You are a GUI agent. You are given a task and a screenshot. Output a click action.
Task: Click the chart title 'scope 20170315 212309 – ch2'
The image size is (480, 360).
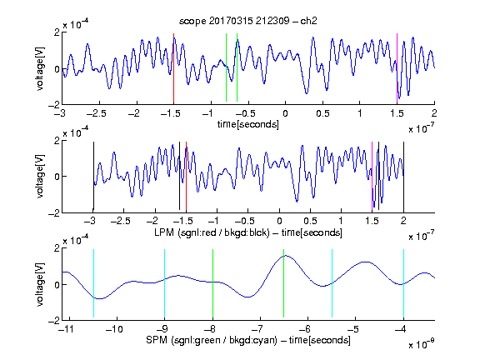[247, 21]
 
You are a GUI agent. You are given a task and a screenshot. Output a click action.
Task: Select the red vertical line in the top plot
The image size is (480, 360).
[173, 68]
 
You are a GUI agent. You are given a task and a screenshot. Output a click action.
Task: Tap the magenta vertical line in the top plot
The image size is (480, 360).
[397, 68]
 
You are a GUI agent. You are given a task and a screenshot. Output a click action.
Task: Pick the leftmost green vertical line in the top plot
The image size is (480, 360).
[226, 67]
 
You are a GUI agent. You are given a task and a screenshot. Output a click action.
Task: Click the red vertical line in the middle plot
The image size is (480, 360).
[186, 177]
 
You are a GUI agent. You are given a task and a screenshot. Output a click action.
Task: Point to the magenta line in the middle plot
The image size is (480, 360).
[372, 177]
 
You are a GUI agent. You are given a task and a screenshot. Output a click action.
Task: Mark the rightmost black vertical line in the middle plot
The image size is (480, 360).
[403, 177]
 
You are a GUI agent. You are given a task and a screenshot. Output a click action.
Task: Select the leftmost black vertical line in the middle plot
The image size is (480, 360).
[93, 177]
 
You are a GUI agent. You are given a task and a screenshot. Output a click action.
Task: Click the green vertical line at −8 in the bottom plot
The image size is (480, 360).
[212, 283]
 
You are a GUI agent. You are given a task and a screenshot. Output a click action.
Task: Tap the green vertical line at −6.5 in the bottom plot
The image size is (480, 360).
[284, 283]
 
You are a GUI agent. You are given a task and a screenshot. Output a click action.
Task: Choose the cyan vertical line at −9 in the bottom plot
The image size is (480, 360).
[165, 284]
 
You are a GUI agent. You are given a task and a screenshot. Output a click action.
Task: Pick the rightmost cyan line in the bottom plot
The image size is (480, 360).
[403, 284]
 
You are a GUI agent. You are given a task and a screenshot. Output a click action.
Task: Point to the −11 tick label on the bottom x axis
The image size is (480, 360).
[67, 329]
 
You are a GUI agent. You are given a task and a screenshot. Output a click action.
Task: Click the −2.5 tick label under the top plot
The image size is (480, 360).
[96, 113]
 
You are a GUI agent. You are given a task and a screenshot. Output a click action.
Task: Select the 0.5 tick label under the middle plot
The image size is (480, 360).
[310, 221]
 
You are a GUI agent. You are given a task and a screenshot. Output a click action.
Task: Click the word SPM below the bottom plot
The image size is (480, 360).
[157, 340]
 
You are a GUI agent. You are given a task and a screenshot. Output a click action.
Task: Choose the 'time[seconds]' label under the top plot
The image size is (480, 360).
[248, 124]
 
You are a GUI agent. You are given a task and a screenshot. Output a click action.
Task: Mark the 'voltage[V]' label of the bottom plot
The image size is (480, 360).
[40, 284]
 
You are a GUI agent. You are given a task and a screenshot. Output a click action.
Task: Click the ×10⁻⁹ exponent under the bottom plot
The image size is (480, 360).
[422, 345]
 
